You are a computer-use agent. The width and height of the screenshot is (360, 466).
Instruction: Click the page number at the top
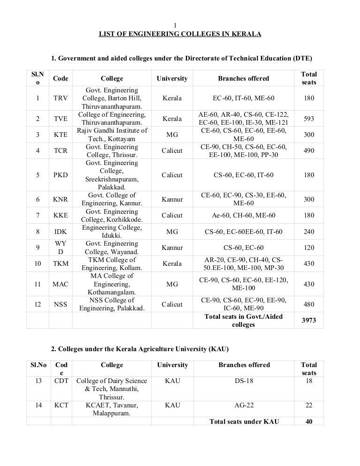(175, 25)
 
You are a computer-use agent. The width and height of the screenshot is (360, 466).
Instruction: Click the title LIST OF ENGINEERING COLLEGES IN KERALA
(180, 34)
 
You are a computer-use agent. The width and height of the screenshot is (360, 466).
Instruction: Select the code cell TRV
(60, 98)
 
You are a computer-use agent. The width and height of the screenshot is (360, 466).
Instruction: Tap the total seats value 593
(309, 119)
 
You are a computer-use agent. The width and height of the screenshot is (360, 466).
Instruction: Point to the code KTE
(60, 135)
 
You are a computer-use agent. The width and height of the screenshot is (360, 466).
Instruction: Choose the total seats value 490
(309, 151)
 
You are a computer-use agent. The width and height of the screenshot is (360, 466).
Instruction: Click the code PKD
(60, 175)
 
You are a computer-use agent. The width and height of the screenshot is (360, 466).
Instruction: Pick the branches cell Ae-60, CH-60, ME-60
(243, 216)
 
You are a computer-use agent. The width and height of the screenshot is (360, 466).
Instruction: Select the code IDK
(60, 232)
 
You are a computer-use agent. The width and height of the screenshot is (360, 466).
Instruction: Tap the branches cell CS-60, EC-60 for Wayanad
(243, 248)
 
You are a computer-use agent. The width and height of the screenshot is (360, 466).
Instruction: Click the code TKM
(60, 263)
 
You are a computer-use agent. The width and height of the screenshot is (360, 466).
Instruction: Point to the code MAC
(60, 284)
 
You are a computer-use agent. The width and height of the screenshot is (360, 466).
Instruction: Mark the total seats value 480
(309, 304)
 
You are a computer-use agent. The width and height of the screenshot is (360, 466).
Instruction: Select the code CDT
(61, 381)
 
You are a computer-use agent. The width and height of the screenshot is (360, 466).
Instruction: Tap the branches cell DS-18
(243, 381)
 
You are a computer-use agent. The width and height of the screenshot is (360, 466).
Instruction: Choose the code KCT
(61, 405)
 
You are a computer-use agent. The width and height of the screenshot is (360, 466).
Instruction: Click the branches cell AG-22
(243, 405)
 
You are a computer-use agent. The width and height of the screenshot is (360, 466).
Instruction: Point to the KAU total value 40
(309, 421)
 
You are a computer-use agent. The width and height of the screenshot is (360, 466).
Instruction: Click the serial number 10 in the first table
(37, 263)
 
